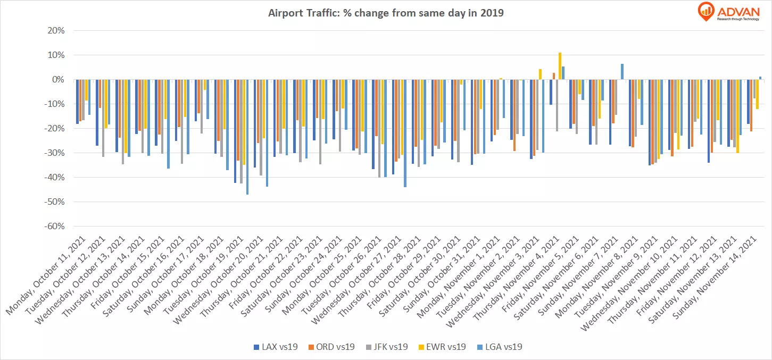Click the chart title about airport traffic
[x=386, y=13]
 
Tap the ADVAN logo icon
[x=705, y=12]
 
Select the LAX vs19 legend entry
[x=275, y=347]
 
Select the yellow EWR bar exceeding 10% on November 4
[x=560, y=66]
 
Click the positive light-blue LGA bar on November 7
[x=622, y=72]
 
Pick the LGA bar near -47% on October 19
[x=247, y=137]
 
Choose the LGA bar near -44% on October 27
[x=405, y=133]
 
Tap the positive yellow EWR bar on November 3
[x=540, y=74]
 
